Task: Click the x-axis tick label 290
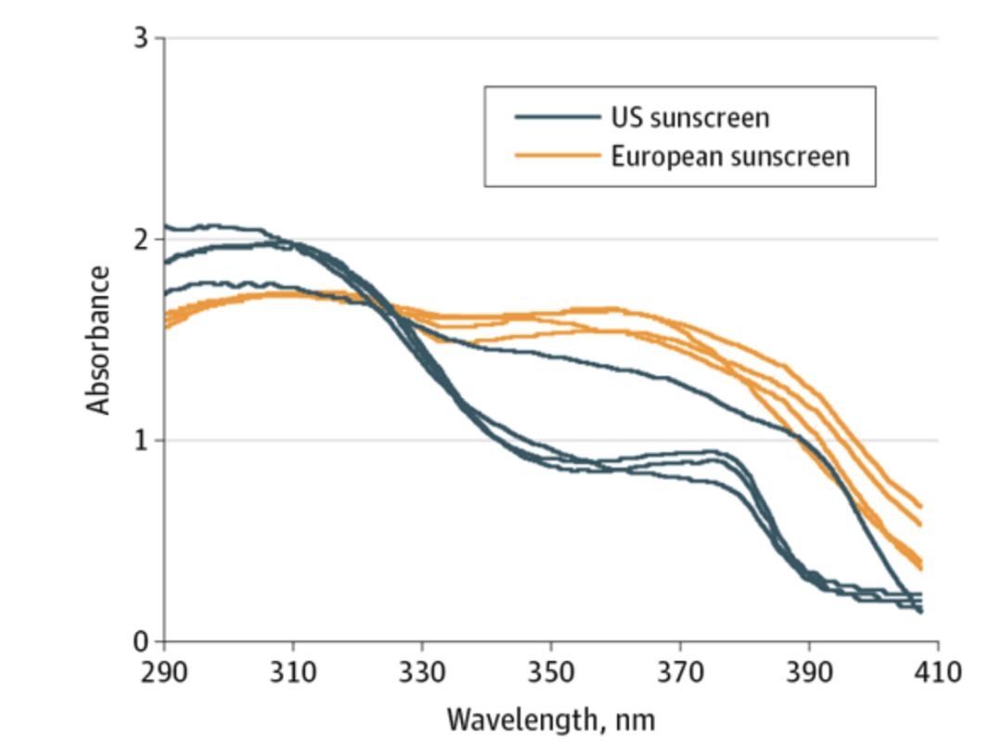point(164,671)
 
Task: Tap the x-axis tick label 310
point(293,671)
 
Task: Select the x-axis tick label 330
point(422,671)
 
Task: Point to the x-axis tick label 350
point(551,671)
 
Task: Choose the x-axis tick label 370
point(680,671)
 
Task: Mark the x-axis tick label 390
point(809,671)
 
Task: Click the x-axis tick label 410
point(937,671)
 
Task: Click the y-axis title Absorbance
point(98,340)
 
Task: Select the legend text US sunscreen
point(689,118)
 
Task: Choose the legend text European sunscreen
point(729,156)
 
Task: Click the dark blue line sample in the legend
point(557,117)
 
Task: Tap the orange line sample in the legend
point(557,156)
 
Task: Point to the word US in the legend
point(625,118)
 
